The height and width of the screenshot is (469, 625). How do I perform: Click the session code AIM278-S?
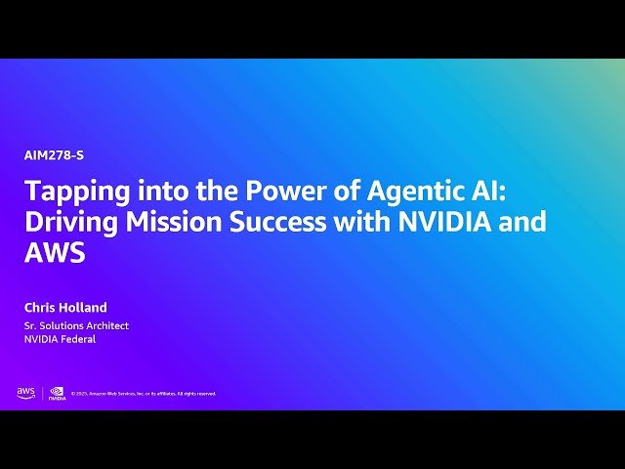point(48,154)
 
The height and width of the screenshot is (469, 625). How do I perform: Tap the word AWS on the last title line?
point(56,253)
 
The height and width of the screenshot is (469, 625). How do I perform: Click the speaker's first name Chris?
point(42,308)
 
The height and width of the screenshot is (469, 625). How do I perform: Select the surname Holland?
point(85,308)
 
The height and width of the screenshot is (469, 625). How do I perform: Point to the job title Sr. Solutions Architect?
point(76,325)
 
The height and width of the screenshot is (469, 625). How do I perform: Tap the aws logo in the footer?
point(25,393)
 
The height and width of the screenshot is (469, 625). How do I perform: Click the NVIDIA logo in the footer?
point(58,393)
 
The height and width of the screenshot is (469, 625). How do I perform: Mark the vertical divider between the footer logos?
point(42,393)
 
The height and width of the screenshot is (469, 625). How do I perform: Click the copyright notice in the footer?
point(144,394)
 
